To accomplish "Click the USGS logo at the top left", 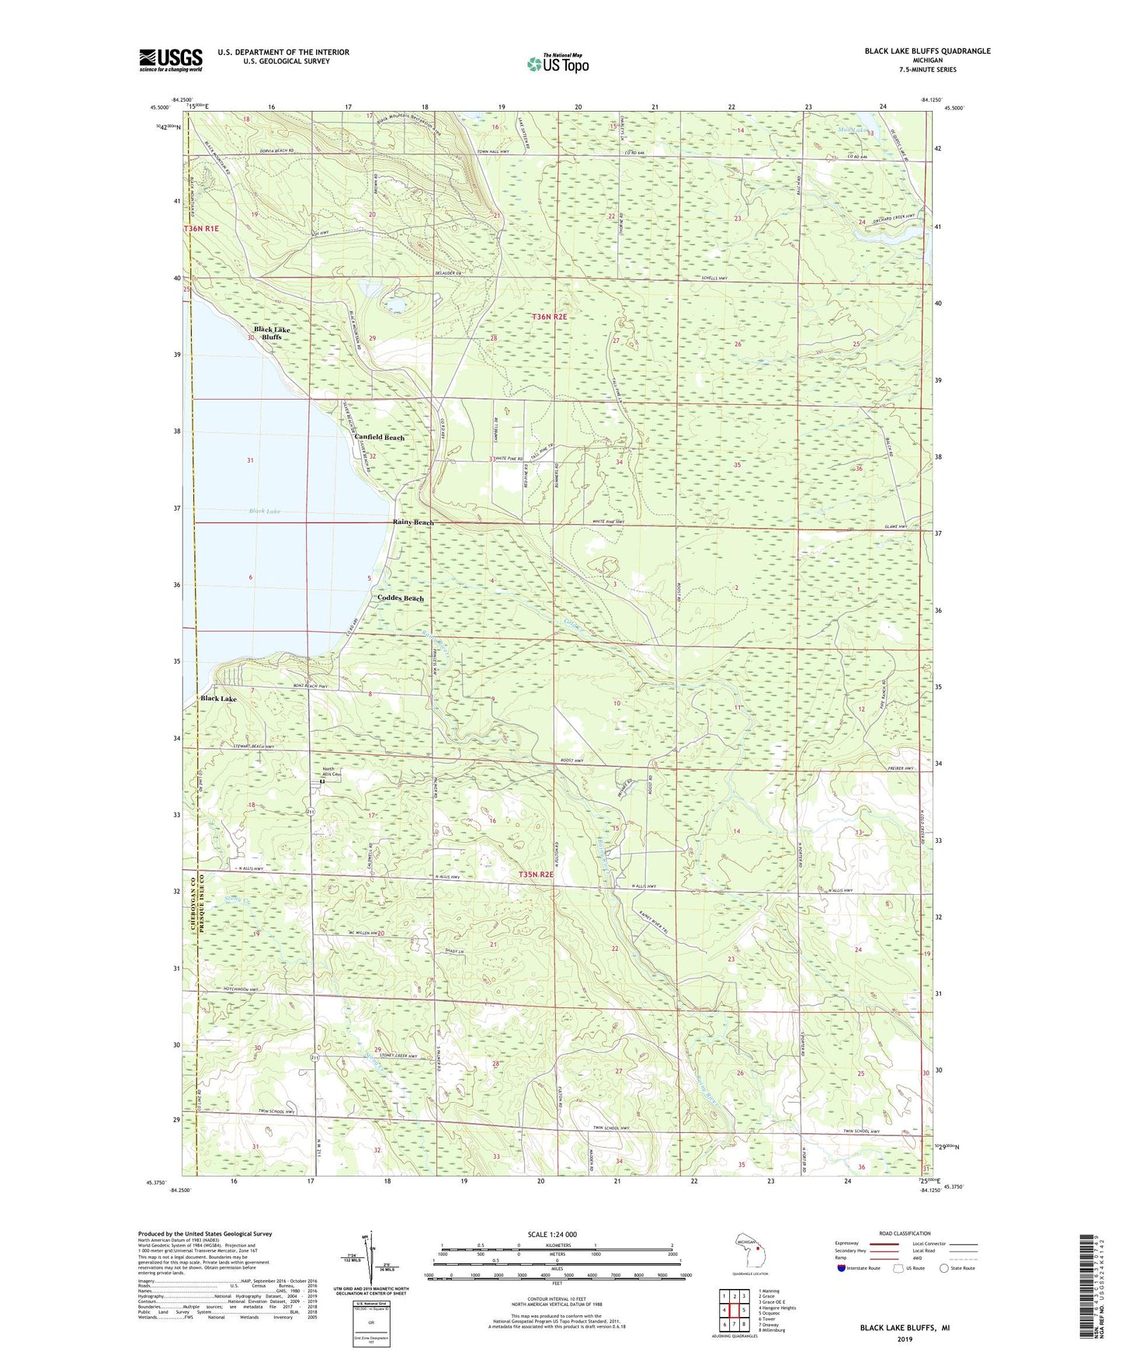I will [x=171, y=60].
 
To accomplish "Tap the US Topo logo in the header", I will [x=557, y=64].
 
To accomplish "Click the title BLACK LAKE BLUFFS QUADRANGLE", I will [x=927, y=51].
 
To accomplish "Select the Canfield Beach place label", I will [x=380, y=438].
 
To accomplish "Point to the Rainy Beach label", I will [x=413, y=523].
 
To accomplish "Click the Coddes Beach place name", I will [x=401, y=598].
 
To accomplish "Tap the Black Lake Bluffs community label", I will [x=271, y=334].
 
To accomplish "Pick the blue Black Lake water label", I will [x=265, y=511].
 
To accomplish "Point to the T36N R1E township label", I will [x=202, y=229].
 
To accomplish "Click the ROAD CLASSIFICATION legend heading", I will [x=905, y=1233].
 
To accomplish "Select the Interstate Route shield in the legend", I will [x=842, y=1269].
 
